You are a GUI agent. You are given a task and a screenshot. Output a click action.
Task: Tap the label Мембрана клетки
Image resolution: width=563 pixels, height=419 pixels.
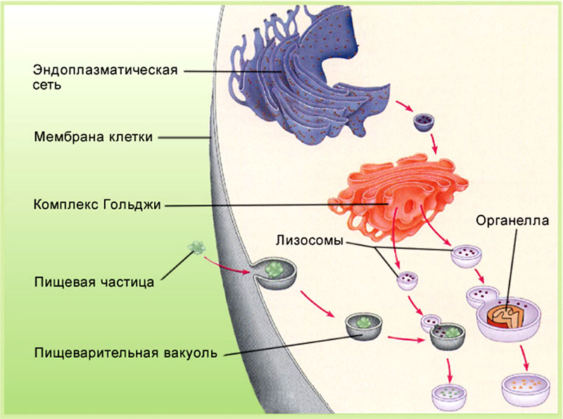[93, 137]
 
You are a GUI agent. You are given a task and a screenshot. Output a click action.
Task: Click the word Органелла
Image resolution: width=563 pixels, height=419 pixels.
[511, 220]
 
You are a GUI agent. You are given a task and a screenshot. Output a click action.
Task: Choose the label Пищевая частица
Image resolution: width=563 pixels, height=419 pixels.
[94, 284]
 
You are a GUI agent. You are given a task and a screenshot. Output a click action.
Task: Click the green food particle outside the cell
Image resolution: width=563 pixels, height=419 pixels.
[196, 247]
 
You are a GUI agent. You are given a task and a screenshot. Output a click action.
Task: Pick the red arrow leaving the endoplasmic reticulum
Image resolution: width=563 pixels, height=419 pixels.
[404, 107]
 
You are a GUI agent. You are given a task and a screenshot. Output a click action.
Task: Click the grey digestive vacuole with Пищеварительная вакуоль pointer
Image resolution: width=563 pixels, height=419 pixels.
[363, 325]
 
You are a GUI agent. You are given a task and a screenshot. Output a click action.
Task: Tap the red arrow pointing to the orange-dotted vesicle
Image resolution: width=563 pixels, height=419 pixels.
[524, 360]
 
